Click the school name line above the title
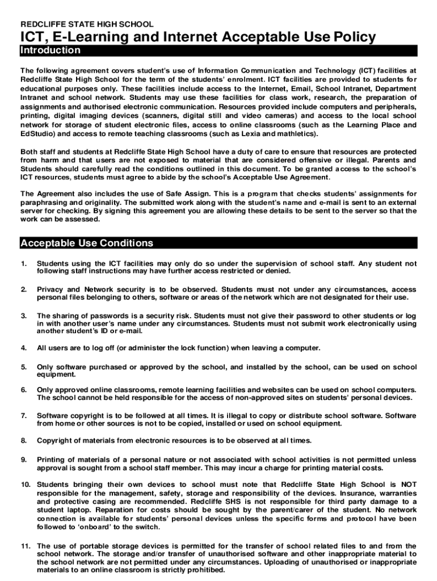[x=87, y=24]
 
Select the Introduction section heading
[x=51, y=50]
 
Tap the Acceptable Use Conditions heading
[x=87, y=243]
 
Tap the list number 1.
[x=23, y=264]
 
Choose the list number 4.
[x=23, y=348]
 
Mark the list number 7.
[x=23, y=416]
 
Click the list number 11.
[x=26, y=546]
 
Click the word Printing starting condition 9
[x=52, y=460]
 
